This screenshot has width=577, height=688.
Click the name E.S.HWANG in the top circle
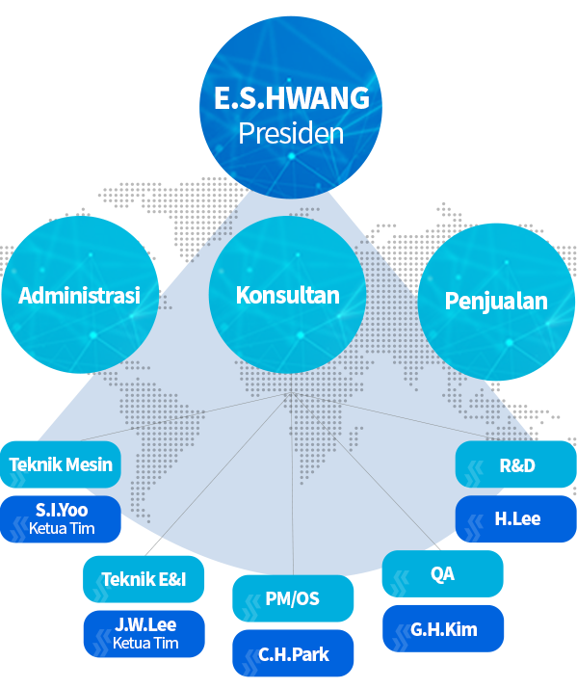pos(292,98)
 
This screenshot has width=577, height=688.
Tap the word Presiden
pos(291,133)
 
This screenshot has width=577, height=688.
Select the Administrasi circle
pos(80,295)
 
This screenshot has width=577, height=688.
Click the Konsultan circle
pos(287,295)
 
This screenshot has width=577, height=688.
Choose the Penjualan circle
pos(496,302)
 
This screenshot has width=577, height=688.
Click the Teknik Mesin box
pos(61,464)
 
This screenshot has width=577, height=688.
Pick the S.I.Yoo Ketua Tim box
pos(61,519)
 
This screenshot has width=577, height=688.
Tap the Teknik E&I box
pos(144,579)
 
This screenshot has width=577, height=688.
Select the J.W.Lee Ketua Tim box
pos(144,634)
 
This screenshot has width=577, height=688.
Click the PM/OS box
pos(293,598)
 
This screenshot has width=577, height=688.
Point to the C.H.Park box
pos(293,653)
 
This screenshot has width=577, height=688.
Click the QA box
pos(443,573)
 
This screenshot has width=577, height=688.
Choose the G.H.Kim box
pos(443,629)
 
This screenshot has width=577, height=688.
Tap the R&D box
pos(516,464)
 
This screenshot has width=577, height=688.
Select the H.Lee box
pos(516,519)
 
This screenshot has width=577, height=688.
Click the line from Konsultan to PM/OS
pos(292,484)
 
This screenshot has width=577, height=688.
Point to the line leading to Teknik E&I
pos(218,474)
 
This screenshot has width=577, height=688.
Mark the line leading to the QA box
pos(366,472)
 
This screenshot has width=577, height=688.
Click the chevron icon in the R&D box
pos(475,474)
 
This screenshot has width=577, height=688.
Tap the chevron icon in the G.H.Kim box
pos(402,639)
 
